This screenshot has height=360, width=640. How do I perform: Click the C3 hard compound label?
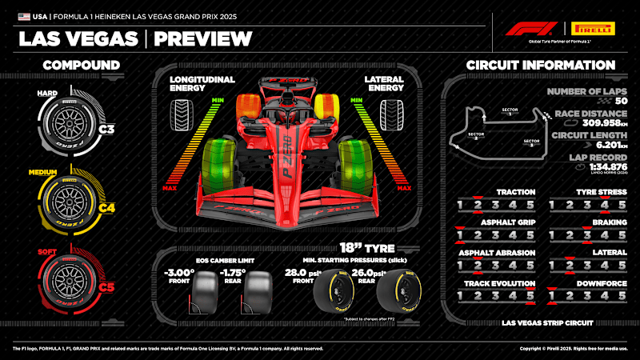[x=107, y=128]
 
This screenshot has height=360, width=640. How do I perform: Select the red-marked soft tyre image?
[x=72, y=279]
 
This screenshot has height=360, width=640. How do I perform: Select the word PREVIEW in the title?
[x=202, y=38]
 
